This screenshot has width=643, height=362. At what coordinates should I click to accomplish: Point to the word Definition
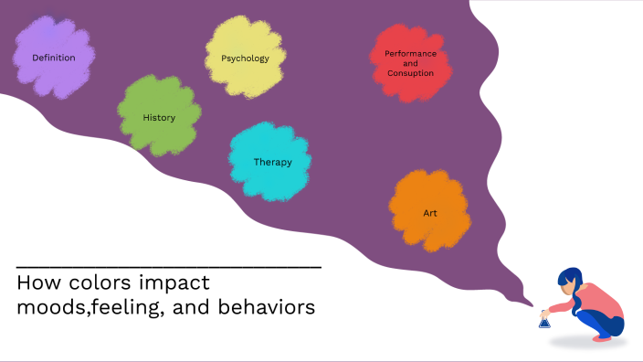(x=54, y=58)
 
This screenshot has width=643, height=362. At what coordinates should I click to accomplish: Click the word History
(x=159, y=118)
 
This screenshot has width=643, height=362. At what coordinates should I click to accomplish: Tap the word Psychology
(x=245, y=59)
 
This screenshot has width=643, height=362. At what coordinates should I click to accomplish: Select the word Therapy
(x=272, y=163)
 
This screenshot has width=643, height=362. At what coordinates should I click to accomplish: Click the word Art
(x=430, y=213)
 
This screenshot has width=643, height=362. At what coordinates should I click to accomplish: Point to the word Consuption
(x=410, y=73)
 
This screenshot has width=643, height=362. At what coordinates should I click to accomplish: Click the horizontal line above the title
(x=169, y=266)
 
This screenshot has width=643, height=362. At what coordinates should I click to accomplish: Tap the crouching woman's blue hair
(x=569, y=279)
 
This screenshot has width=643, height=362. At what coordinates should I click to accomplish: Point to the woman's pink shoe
(x=602, y=337)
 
